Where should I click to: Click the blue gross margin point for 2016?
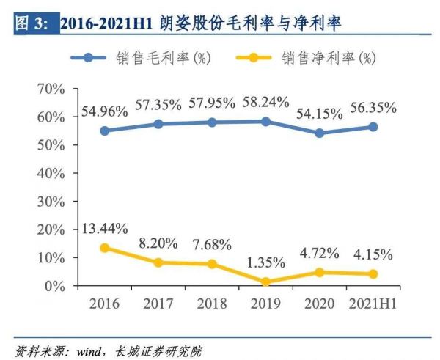pyautogui.click(x=104, y=131)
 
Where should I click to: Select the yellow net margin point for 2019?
pyautogui.click(x=265, y=282)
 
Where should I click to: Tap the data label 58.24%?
pyautogui.click(x=265, y=103)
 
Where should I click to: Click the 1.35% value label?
pyautogui.click(x=266, y=262)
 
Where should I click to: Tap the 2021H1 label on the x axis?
pyautogui.click(x=373, y=304)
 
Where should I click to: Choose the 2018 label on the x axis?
pyautogui.click(x=212, y=304)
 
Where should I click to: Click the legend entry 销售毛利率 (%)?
pyautogui.click(x=150, y=57)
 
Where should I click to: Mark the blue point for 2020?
pyautogui.click(x=319, y=133)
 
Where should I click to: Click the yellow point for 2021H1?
pyautogui.click(x=373, y=274)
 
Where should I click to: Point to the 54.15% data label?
pyautogui.click(x=319, y=115)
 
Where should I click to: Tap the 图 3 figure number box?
pyautogui.click(x=32, y=23)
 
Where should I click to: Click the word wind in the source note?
pyautogui.click(x=88, y=350)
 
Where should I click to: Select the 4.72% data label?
pyautogui.click(x=320, y=253)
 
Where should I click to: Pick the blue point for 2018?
pyautogui.click(x=212, y=122)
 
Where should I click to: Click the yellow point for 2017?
pyautogui.click(x=158, y=262)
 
